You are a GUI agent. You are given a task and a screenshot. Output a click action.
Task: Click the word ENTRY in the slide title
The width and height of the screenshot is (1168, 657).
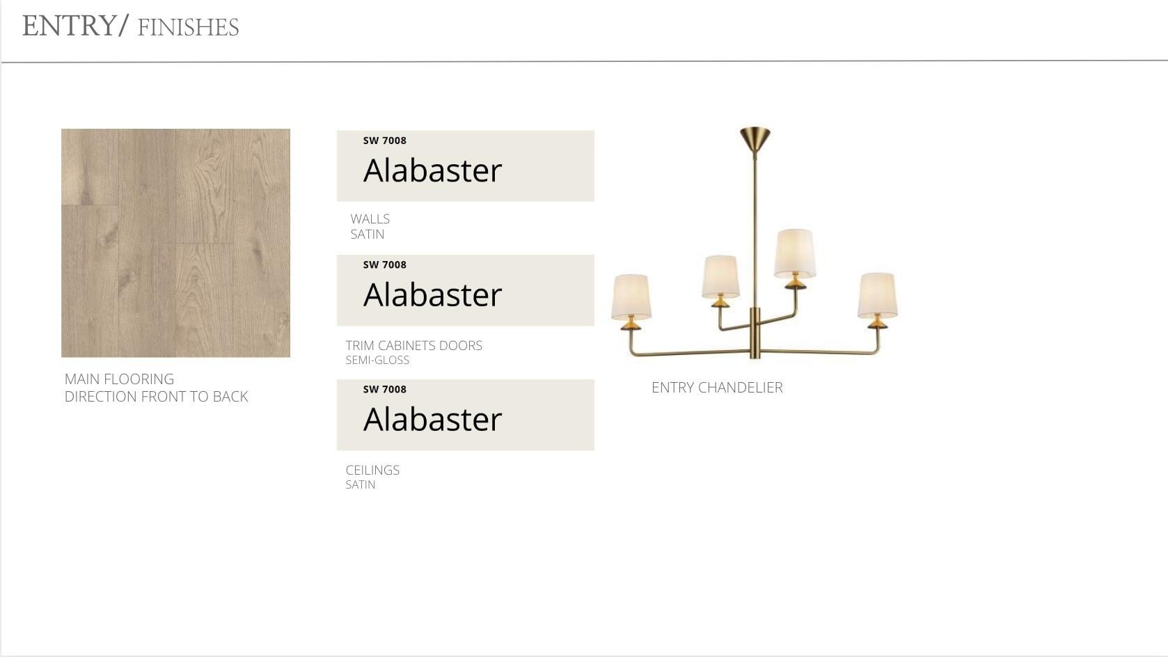pyautogui.click(x=70, y=26)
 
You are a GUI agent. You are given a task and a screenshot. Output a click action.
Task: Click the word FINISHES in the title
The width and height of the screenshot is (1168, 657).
pyautogui.click(x=188, y=28)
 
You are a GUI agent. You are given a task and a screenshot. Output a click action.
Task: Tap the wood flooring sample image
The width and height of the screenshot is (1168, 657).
pyautogui.click(x=175, y=243)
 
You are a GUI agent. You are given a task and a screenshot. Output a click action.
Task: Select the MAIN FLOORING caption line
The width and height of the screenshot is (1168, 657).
pyautogui.click(x=120, y=379)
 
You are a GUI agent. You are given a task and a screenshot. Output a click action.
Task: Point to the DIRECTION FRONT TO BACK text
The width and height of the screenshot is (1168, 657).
pyautogui.click(x=157, y=397)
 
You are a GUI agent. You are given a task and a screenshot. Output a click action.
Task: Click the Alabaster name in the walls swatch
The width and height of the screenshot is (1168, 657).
pyautogui.click(x=432, y=170)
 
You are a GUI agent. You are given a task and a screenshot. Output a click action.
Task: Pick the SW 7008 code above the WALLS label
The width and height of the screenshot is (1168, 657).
pyautogui.click(x=385, y=141)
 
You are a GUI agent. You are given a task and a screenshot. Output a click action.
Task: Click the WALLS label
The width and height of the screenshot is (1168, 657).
pyautogui.click(x=370, y=219)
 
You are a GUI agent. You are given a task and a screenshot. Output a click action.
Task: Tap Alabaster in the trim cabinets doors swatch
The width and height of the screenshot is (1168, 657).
pyautogui.click(x=432, y=294)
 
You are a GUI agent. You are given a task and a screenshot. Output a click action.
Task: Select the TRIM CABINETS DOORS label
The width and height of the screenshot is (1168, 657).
pyautogui.click(x=414, y=346)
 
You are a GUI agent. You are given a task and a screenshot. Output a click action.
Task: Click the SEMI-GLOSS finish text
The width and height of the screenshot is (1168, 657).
pyautogui.click(x=377, y=361)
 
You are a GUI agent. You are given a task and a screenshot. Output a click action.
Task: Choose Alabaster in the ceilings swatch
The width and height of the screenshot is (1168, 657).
pyautogui.click(x=432, y=419)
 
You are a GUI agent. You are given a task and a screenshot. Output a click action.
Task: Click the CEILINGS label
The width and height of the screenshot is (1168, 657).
pyautogui.click(x=373, y=470)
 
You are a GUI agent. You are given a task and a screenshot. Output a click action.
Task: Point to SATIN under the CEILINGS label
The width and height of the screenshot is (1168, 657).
pyautogui.click(x=361, y=485)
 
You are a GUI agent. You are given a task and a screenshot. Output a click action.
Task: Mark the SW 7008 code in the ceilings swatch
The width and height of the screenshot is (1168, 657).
pyautogui.click(x=385, y=390)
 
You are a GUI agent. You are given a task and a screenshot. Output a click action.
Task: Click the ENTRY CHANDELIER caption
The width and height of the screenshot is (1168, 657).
pyautogui.click(x=717, y=388)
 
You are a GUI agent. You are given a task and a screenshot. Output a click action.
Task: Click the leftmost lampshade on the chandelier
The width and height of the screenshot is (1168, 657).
pyautogui.click(x=631, y=296)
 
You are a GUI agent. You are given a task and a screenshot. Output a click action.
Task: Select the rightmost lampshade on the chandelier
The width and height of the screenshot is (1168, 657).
pyautogui.click(x=878, y=295)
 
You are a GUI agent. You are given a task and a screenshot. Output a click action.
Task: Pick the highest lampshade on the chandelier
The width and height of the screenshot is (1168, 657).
pyautogui.click(x=795, y=253)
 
